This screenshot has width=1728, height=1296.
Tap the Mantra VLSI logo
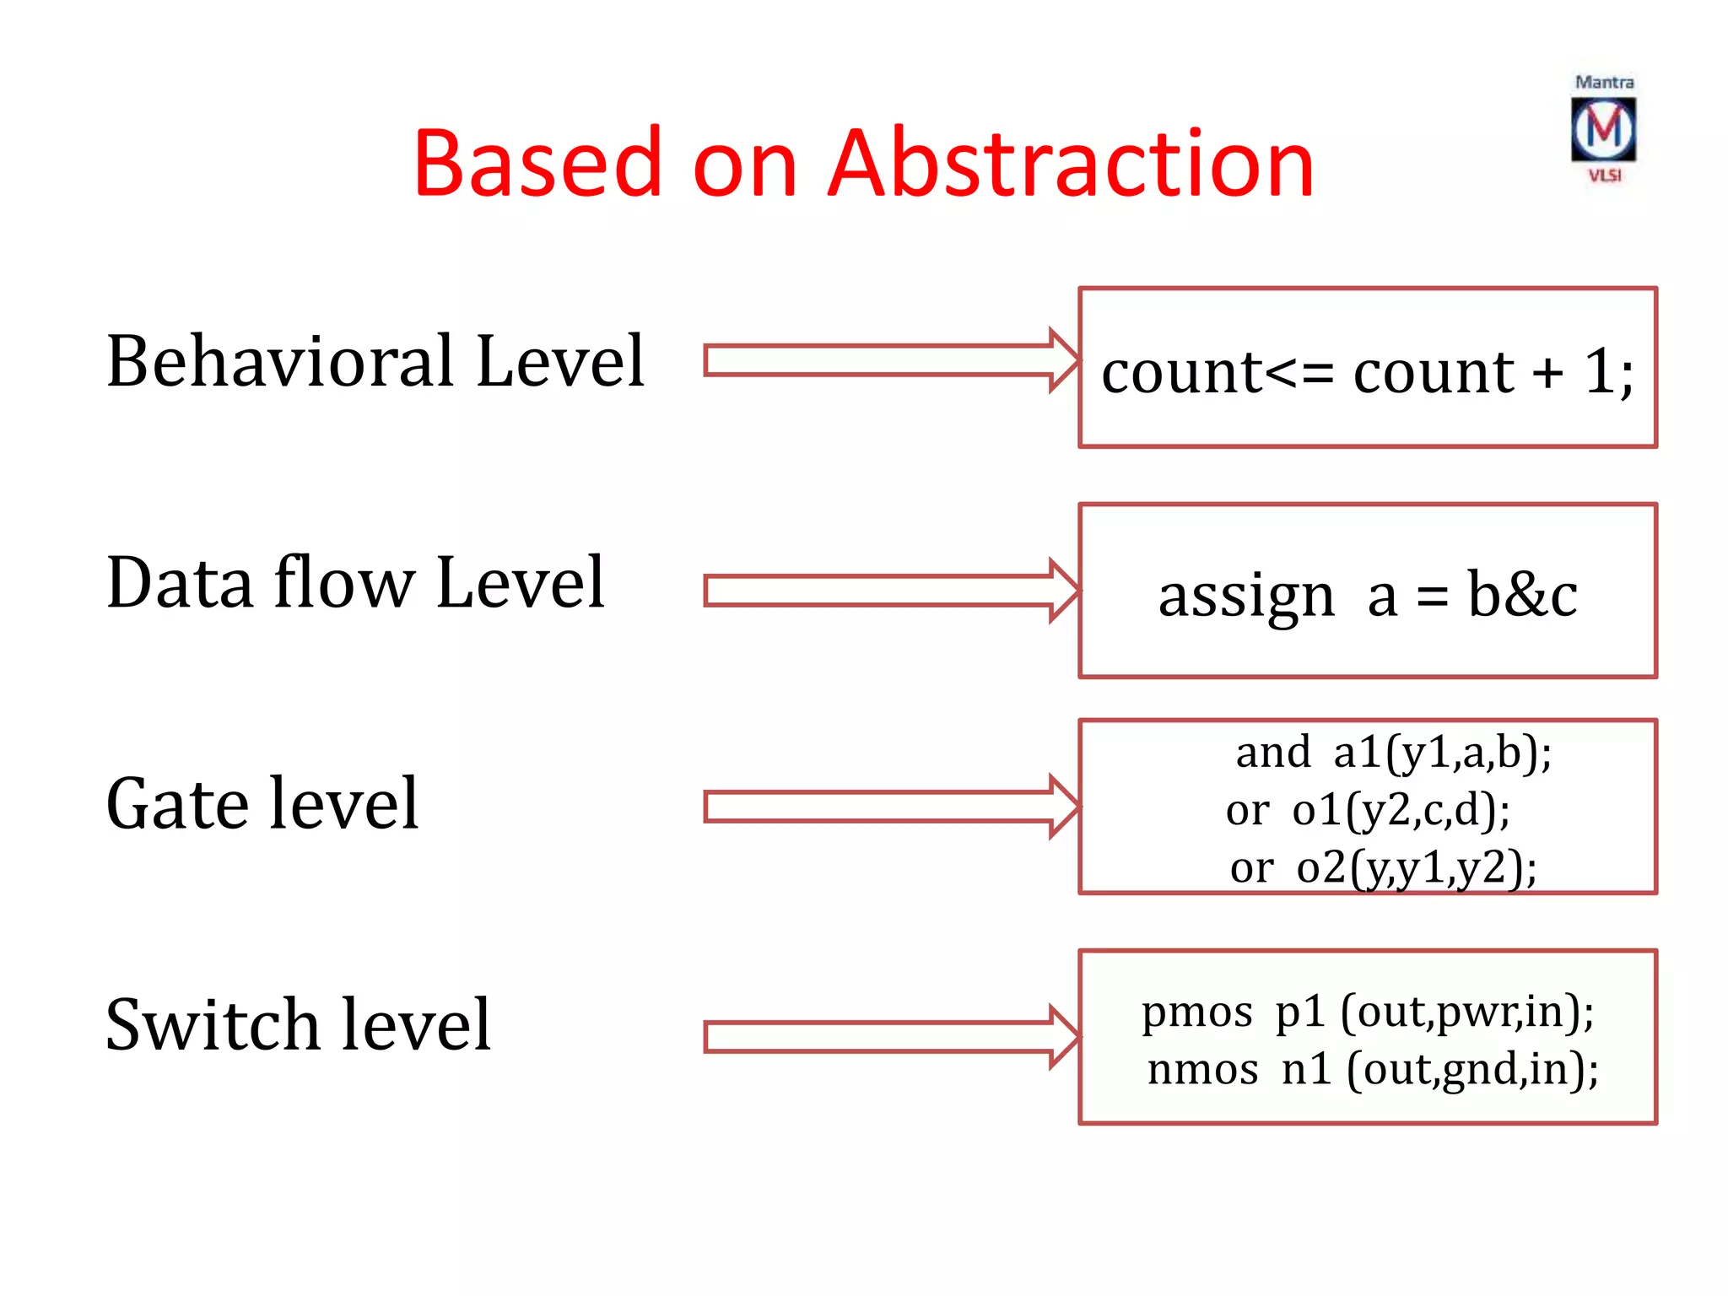pyautogui.click(x=1603, y=129)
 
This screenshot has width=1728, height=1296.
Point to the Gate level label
pyautogui.click(x=262, y=803)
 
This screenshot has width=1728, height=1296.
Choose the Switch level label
pyautogui.click(x=298, y=1024)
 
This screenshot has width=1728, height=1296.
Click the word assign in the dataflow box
pyautogui.click(x=1246, y=596)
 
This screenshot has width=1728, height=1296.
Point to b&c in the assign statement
pyautogui.click(x=1522, y=594)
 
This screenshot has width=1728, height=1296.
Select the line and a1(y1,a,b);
pyautogui.click(x=1393, y=752)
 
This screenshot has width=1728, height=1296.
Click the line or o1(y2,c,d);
pyautogui.click(x=1368, y=810)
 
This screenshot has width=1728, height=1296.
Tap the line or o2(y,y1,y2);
pyautogui.click(x=1383, y=867)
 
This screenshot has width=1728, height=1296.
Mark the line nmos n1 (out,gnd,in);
pyautogui.click(x=1372, y=1069)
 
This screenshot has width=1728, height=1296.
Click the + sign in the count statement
pyautogui.click(x=1547, y=372)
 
